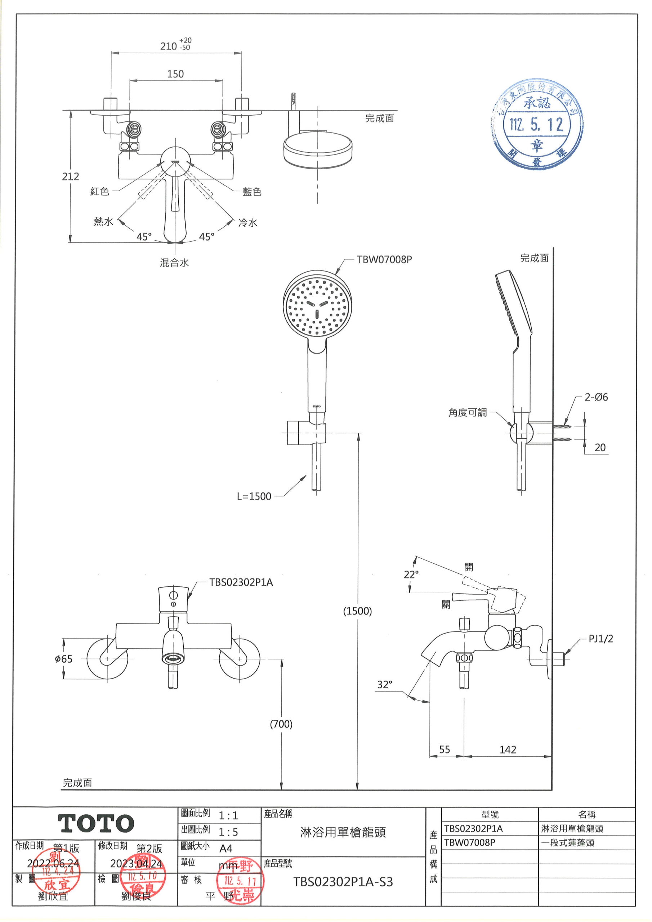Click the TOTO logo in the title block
point(97,824)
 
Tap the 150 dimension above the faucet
point(175,74)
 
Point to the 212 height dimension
point(70,176)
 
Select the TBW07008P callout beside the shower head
point(384,259)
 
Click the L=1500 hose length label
point(254,496)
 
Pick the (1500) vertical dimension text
point(357,611)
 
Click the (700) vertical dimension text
point(281,724)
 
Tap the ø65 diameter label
point(64,659)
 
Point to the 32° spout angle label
point(384,684)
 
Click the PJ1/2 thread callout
point(600,639)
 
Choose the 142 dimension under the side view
point(508,749)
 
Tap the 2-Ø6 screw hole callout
point(596,397)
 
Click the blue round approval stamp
point(537,125)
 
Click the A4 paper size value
point(226,849)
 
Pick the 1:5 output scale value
point(228,832)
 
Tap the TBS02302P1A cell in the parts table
point(474,828)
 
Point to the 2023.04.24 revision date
point(137,863)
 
